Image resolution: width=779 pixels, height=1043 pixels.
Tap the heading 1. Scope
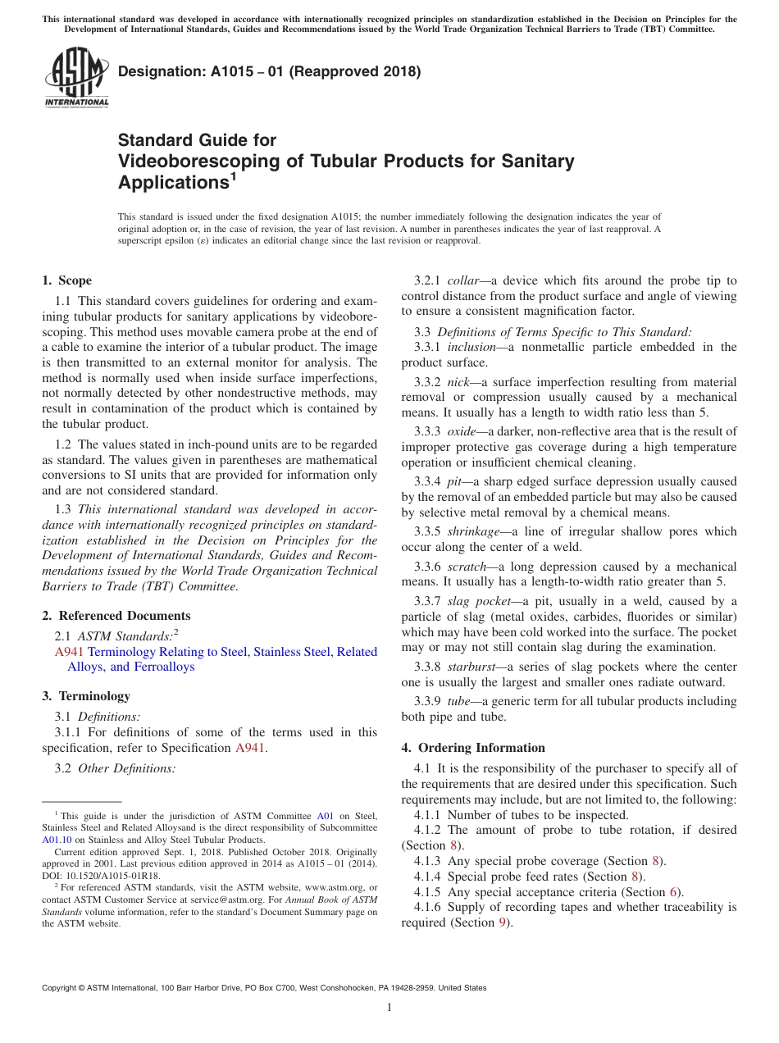[66, 280]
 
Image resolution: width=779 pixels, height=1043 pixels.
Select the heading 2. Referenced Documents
[116, 616]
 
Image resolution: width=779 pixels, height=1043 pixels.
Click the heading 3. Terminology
[86, 696]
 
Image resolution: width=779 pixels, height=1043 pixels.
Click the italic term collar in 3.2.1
[465, 280]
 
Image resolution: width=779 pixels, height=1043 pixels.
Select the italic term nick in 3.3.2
[458, 382]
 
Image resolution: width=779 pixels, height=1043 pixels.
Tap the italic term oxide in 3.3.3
[461, 431]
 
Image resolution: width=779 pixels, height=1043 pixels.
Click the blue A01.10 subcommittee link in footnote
[57, 840]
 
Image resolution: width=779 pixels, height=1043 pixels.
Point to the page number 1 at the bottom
[389, 1008]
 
